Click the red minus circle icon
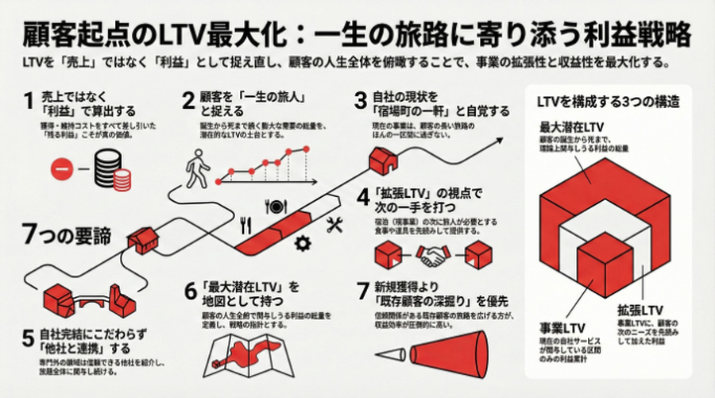pyautogui.click(x=63, y=168)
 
